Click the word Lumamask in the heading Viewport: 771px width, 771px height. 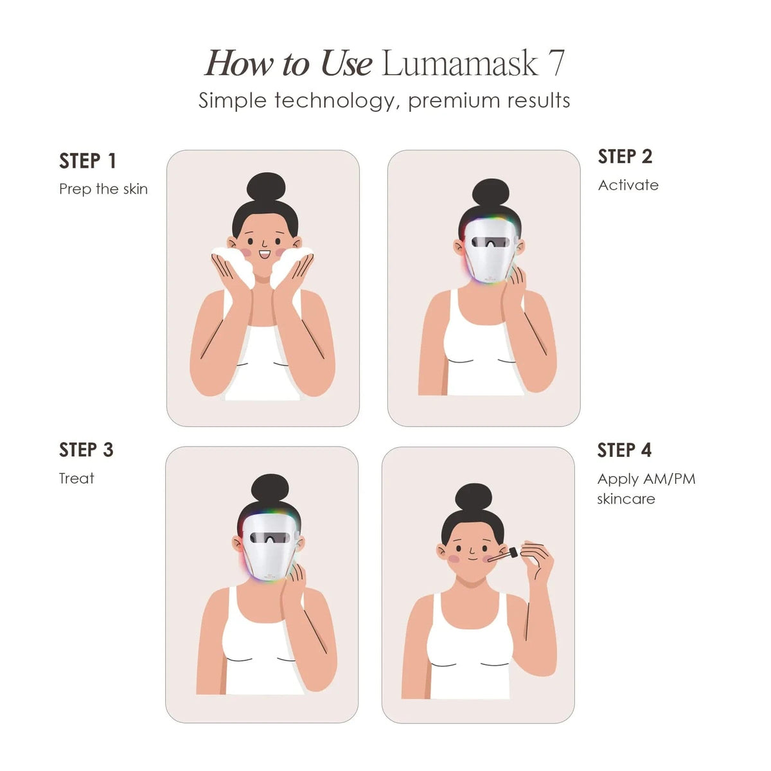(x=460, y=64)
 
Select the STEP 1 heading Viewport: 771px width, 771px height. (x=87, y=161)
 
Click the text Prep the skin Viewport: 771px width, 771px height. (x=103, y=189)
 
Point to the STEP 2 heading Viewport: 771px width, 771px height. (x=625, y=156)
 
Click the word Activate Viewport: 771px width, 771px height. (x=628, y=185)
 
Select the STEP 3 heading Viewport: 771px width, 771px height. (x=86, y=450)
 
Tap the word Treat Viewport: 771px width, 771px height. (x=76, y=478)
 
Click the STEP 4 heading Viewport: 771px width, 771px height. (x=624, y=450)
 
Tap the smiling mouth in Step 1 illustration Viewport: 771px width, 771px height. (x=265, y=254)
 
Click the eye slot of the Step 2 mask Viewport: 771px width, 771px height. (x=490, y=242)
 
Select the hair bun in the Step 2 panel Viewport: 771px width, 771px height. (x=491, y=193)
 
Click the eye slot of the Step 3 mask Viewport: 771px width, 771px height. (x=270, y=538)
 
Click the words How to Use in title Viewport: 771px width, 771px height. (x=288, y=64)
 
